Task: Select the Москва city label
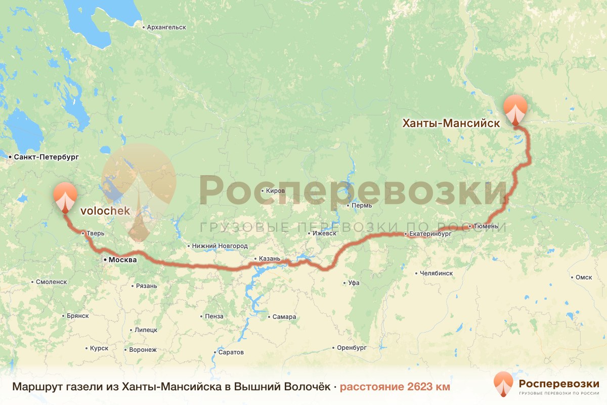tap(123, 260)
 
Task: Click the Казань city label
tap(269, 259)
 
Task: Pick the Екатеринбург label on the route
tap(430, 234)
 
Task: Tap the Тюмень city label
tap(486, 226)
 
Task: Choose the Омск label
tap(584, 277)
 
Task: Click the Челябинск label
tap(436, 273)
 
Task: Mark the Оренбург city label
tap(352, 348)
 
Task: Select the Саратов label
tap(231, 352)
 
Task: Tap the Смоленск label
tap(51, 282)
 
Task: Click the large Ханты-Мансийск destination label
tap(451, 123)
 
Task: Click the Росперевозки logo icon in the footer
tap(503, 384)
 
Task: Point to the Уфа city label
tap(354, 283)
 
